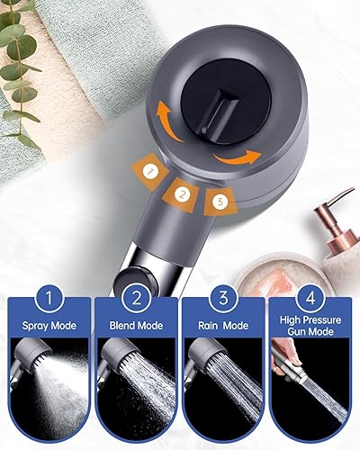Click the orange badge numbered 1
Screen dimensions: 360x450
pyautogui.click(x=149, y=171)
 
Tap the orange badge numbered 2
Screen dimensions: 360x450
pyautogui.click(x=181, y=194)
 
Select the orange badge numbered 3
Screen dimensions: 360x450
pyautogui.click(x=220, y=202)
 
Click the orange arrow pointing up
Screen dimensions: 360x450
pyautogui.click(x=168, y=121)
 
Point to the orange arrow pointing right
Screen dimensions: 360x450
pyautogui.click(x=237, y=158)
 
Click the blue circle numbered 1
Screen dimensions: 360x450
pyautogui.click(x=49, y=298)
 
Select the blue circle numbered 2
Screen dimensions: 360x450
pyautogui.click(x=136, y=298)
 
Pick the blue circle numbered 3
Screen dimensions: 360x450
pyautogui.click(x=223, y=298)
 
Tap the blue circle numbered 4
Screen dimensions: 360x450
pyautogui.click(x=310, y=298)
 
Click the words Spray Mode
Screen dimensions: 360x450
pyautogui.click(x=49, y=326)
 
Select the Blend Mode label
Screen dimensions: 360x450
pyautogui.click(x=136, y=326)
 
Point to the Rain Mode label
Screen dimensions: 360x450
pyautogui.click(x=223, y=326)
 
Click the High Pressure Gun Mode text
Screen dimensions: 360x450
pyautogui.click(x=310, y=326)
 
